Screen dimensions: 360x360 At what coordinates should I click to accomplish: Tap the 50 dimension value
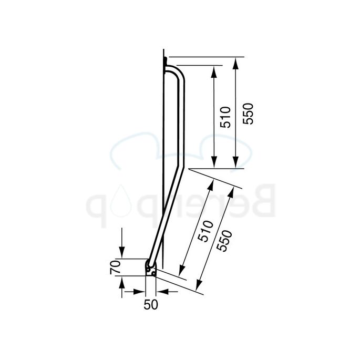pos(151,305)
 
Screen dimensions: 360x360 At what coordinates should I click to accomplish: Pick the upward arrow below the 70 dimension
pos(122,282)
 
